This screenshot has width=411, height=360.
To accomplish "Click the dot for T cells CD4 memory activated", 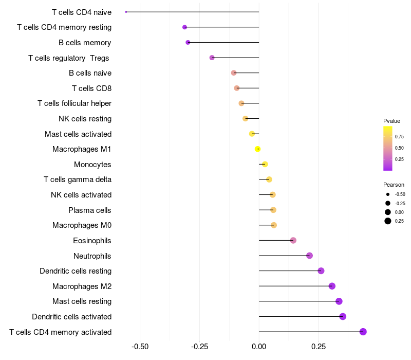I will coord(363,332).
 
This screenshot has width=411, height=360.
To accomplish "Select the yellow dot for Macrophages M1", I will coord(258,149).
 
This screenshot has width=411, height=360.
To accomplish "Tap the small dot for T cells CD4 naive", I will coord(126,12).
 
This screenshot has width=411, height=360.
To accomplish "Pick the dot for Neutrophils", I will coord(309,256).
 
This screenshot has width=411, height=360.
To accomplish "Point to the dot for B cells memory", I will coord(188,42).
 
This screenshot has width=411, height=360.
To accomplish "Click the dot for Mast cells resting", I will coord(339,301).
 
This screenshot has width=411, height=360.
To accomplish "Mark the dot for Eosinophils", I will coord(293,240).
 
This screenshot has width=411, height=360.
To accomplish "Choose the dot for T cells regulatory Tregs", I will coord(212,58).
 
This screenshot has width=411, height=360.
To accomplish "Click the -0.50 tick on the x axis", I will coord(141,346).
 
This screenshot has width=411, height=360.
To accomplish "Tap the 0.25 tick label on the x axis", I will coord(318,346).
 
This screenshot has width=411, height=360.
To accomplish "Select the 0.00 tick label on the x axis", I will coord(259,346).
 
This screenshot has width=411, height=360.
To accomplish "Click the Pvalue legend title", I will coord(391,121).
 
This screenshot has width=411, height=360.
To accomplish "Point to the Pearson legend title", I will coord(394,185).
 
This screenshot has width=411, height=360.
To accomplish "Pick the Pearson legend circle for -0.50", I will coord(388,194).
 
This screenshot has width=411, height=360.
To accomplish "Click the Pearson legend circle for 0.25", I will coord(388,221).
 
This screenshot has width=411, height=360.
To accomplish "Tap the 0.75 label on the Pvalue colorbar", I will coord(399,137).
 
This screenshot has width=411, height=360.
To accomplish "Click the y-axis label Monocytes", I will coord(92,165).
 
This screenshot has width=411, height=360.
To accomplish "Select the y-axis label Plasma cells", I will coord(90,210).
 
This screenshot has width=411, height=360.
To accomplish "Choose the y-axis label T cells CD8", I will coord(91,88).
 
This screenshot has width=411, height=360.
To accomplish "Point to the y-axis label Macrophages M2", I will coord(82,286).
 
